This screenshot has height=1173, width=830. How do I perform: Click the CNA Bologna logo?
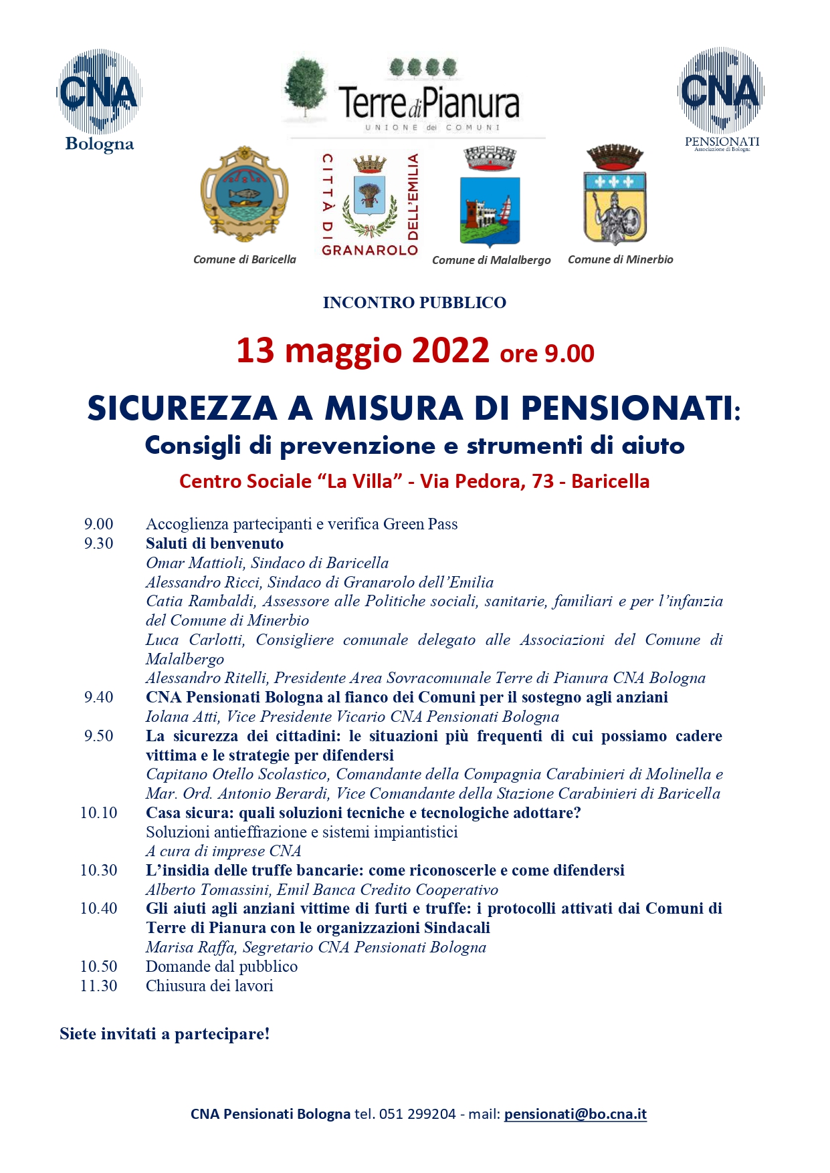pos(99,99)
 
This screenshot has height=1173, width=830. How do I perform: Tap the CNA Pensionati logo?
pos(721,97)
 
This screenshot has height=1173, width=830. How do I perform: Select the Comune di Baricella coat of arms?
pos(245,194)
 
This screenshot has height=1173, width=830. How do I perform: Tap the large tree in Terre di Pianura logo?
pos(305,87)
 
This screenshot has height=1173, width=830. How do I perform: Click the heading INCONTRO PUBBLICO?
pos(414,303)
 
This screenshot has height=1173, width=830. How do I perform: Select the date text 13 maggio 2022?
pos(362,351)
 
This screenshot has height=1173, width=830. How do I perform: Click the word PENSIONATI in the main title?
pos(627,408)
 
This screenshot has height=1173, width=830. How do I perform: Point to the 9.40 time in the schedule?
pos(98,697)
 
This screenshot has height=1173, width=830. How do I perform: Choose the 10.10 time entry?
pos(98,813)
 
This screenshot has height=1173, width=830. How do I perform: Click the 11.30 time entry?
pos(98,986)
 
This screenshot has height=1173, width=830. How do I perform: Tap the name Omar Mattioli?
pos(195,563)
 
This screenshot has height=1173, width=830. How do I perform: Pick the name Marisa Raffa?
pos(190,947)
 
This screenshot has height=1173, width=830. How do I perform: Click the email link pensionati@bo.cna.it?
pos(575,1114)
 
